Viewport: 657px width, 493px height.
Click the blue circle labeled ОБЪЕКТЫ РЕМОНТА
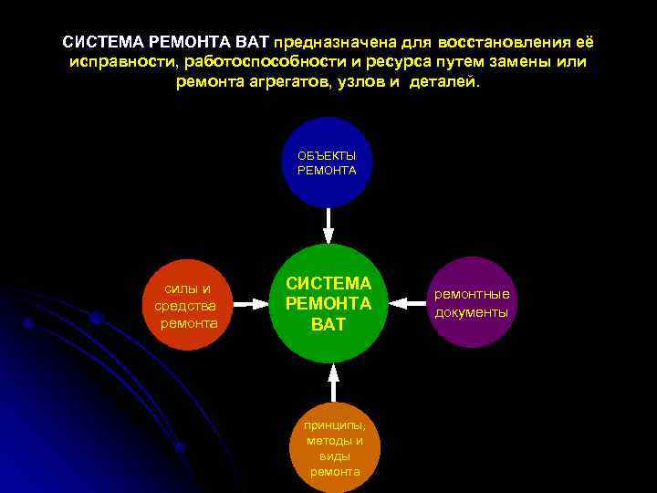point(328,162)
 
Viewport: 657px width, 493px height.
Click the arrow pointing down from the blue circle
point(328,224)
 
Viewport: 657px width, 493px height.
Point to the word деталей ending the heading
point(447,81)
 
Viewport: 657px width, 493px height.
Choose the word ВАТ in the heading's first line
point(251,43)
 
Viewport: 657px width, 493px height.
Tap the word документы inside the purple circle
point(471,312)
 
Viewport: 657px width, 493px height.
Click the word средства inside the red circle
point(186,305)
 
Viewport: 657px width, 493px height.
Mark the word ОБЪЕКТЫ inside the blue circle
point(328,155)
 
